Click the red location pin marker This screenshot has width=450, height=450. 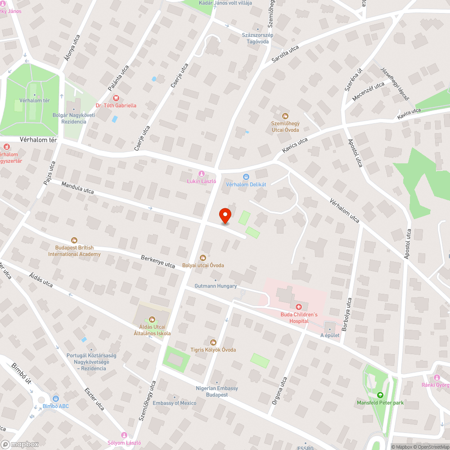tap(225, 215)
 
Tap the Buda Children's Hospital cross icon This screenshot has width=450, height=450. tap(298, 306)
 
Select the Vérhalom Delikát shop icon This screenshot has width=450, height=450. tap(246, 177)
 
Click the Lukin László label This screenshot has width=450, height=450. tap(202, 181)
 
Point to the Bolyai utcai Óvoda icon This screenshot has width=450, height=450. tap(203, 258)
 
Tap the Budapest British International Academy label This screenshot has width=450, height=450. tap(74, 251)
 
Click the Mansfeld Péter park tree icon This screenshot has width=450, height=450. tap(380, 395)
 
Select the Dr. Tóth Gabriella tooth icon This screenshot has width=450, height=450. tap(116, 98)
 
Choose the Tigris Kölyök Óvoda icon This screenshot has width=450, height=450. tap(213, 342)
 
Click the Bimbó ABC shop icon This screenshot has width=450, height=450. tap(56, 398)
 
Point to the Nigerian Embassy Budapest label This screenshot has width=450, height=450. tap(217, 391)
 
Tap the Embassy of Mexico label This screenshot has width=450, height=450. tap(175, 403)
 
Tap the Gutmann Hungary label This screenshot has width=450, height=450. tap(216, 286)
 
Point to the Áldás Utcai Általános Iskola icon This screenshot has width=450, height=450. tap(152, 319)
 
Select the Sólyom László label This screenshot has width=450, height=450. tap(125, 443)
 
